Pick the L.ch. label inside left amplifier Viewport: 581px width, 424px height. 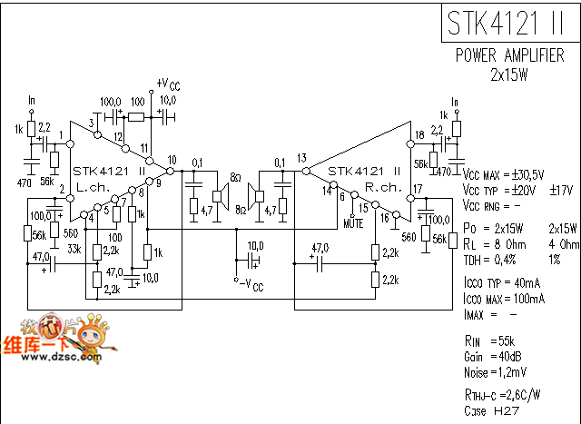(94, 188)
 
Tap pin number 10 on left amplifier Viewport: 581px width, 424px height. (172, 160)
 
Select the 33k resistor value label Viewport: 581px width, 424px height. (74, 249)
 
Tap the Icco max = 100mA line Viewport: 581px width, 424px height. (504, 298)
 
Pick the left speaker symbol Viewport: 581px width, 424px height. (218, 194)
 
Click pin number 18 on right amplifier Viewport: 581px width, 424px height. (419, 136)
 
